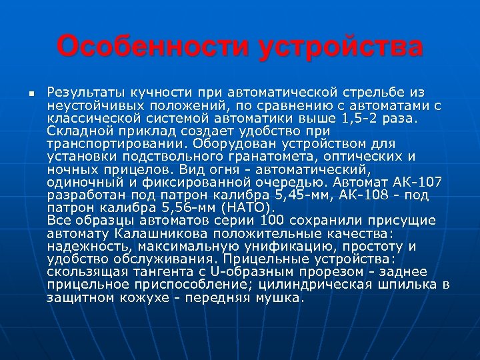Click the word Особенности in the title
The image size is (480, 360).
tap(153, 47)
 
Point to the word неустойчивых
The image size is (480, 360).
tap(87, 105)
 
